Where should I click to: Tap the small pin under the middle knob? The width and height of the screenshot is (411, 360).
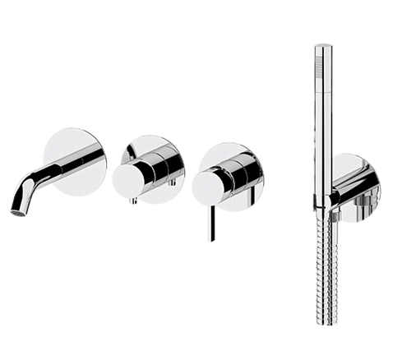coord(131,200)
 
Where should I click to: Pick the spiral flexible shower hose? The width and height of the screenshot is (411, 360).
coord(321,263)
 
